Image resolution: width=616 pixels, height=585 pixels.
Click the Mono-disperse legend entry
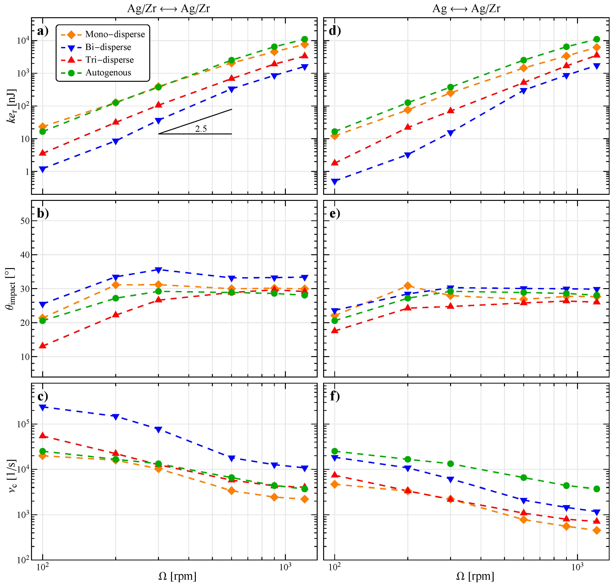pyautogui.click(x=115, y=34)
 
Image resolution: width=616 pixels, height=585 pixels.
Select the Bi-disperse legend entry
pyautogui.click(x=108, y=47)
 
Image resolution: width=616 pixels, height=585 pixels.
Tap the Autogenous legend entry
pyautogui.click(x=108, y=73)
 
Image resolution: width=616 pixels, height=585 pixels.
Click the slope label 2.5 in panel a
pyautogui.click(x=201, y=129)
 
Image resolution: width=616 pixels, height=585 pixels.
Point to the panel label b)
pyautogui.click(x=43, y=213)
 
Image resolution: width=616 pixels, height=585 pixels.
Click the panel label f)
pyautogui.click(x=335, y=396)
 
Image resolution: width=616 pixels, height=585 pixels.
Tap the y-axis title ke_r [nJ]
pyautogui.click(x=12, y=106)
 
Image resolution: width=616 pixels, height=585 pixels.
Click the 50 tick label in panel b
pyautogui.click(x=25, y=221)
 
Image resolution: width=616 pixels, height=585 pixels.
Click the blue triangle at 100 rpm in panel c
pyautogui.click(x=43, y=407)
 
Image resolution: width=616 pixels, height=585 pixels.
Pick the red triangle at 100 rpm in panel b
pyautogui.click(x=43, y=346)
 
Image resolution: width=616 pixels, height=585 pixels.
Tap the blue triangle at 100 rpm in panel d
pyautogui.click(x=335, y=182)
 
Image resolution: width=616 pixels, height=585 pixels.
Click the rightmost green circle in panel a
pyautogui.click(x=304, y=39)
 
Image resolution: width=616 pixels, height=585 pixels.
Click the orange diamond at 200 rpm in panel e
pyautogui.click(x=408, y=286)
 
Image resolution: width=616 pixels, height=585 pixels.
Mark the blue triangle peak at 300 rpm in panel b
pyautogui.click(x=158, y=270)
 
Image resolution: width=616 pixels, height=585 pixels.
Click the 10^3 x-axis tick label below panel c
pyautogui.click(x=285, y=567)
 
